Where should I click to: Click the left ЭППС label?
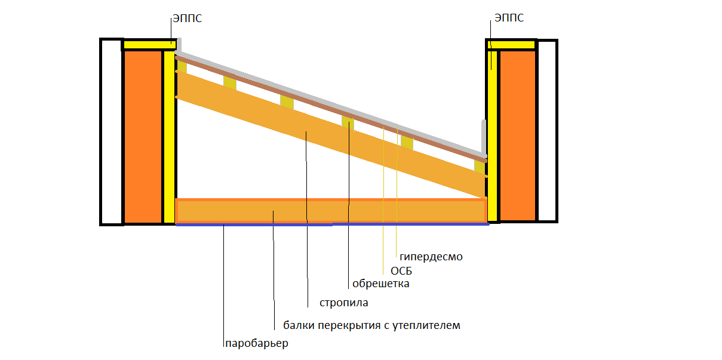pyautogui.click(x=188, y=19)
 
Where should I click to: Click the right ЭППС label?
pyautogui.click(x=509, y=18)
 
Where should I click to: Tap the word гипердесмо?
pyautogui.click(x=431, y=257)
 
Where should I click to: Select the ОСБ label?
pyautogui.click(x=401, y=271)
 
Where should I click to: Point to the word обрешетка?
pyautogui.click(x=380, y=284)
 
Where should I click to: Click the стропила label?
pyautogui.click(x=343, y=303)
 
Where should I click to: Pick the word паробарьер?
pyautogui.click(x=257, y=343)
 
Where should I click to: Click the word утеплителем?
pyautogui.click(x=426, y=325)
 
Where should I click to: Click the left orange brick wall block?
pyautogui.click(x=143, y=137)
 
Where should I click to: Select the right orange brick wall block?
pyautogui.click(x=518, y=136)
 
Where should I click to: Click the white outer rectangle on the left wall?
pyautogui.click(x=112, y=132)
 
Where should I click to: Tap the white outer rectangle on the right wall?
pyautogui.click(x=547, y=131)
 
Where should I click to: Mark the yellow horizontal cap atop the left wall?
pyautogui.click(x=149, y=44)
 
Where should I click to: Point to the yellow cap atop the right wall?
pyautogui.click(x=512, y=44)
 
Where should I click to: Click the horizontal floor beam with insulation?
pyautogui.click(x=331, y=211)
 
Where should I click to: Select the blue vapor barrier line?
pyautogui.click(x=332, y=224)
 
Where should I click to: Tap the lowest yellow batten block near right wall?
pyautogui.click(x=480, y=167)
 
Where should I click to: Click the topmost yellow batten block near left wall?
pyautogui.click(x=182, y=66)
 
